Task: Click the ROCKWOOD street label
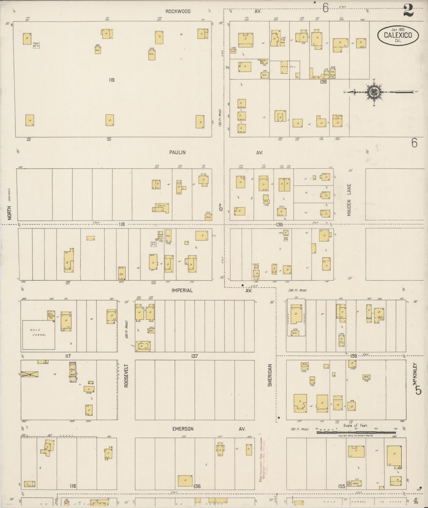[x=178, y=12]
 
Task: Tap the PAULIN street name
[x=177, y=152]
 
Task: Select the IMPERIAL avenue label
[x=182, y=290]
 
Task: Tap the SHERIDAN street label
[x=270, y=375]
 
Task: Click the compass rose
[x=372, y=92]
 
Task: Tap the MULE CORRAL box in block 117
[x=38, y=334]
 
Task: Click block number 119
[x=111, y=80]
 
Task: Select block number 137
[x=194, y=356]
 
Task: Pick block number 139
[x=323, y=82]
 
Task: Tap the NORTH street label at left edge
[x=10, y=213]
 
